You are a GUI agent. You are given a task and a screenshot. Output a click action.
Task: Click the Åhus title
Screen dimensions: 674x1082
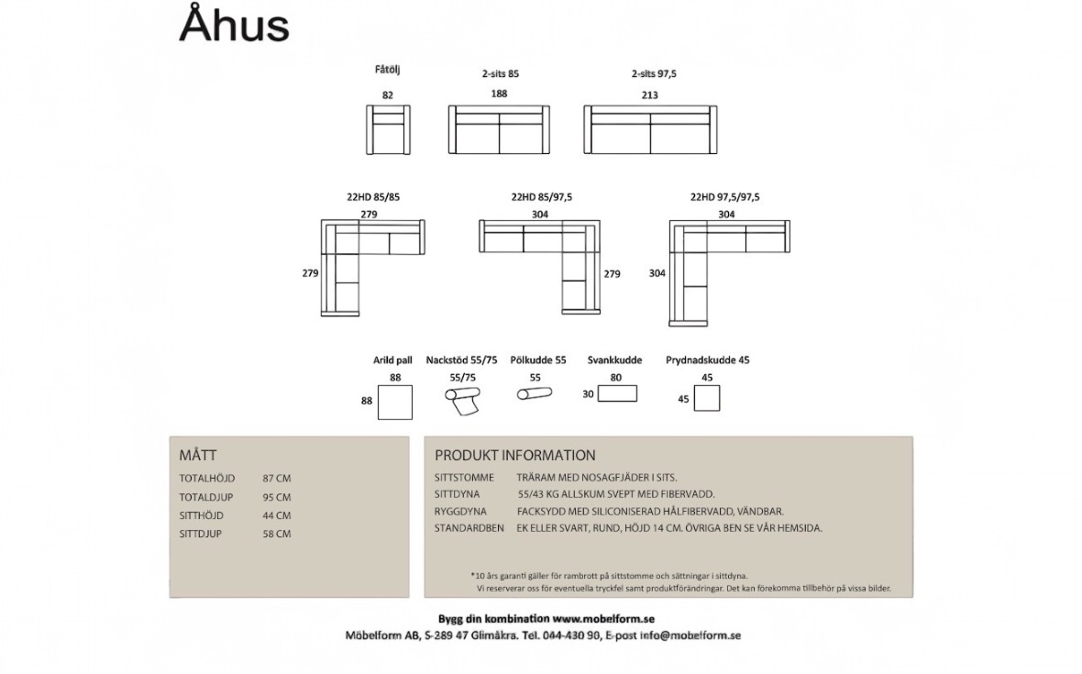point(234,26)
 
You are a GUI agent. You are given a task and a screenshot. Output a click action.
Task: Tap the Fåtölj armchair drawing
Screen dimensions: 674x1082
point(389,129)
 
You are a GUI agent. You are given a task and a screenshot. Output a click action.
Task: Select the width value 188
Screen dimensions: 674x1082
point(499,94)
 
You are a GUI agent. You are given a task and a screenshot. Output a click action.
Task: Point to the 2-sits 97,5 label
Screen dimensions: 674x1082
point(654,73)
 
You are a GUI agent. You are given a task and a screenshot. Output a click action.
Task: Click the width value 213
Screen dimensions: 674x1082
point(650,94)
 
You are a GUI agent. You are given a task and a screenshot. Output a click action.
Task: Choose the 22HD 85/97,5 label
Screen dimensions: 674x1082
point(541,196)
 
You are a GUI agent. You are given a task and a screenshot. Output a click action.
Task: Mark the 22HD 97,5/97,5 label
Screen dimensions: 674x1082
point(724,196)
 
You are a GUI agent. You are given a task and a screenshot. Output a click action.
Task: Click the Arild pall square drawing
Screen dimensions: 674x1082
point(395,402)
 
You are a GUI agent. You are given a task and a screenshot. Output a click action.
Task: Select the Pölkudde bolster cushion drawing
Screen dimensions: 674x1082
point(535,394)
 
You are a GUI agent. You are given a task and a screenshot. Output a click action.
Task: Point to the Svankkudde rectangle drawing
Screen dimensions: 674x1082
point(617,393)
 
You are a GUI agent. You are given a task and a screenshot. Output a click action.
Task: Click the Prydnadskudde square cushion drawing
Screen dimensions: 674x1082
point(707,398)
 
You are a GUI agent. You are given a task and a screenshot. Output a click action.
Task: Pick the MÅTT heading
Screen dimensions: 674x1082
point(198,455)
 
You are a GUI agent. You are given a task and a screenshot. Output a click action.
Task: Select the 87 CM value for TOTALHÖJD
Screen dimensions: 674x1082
point(276,479)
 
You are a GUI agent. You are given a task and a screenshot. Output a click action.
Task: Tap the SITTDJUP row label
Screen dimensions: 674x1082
point(201,534)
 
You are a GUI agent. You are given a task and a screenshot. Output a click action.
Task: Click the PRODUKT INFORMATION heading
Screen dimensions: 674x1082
point(514,455)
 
